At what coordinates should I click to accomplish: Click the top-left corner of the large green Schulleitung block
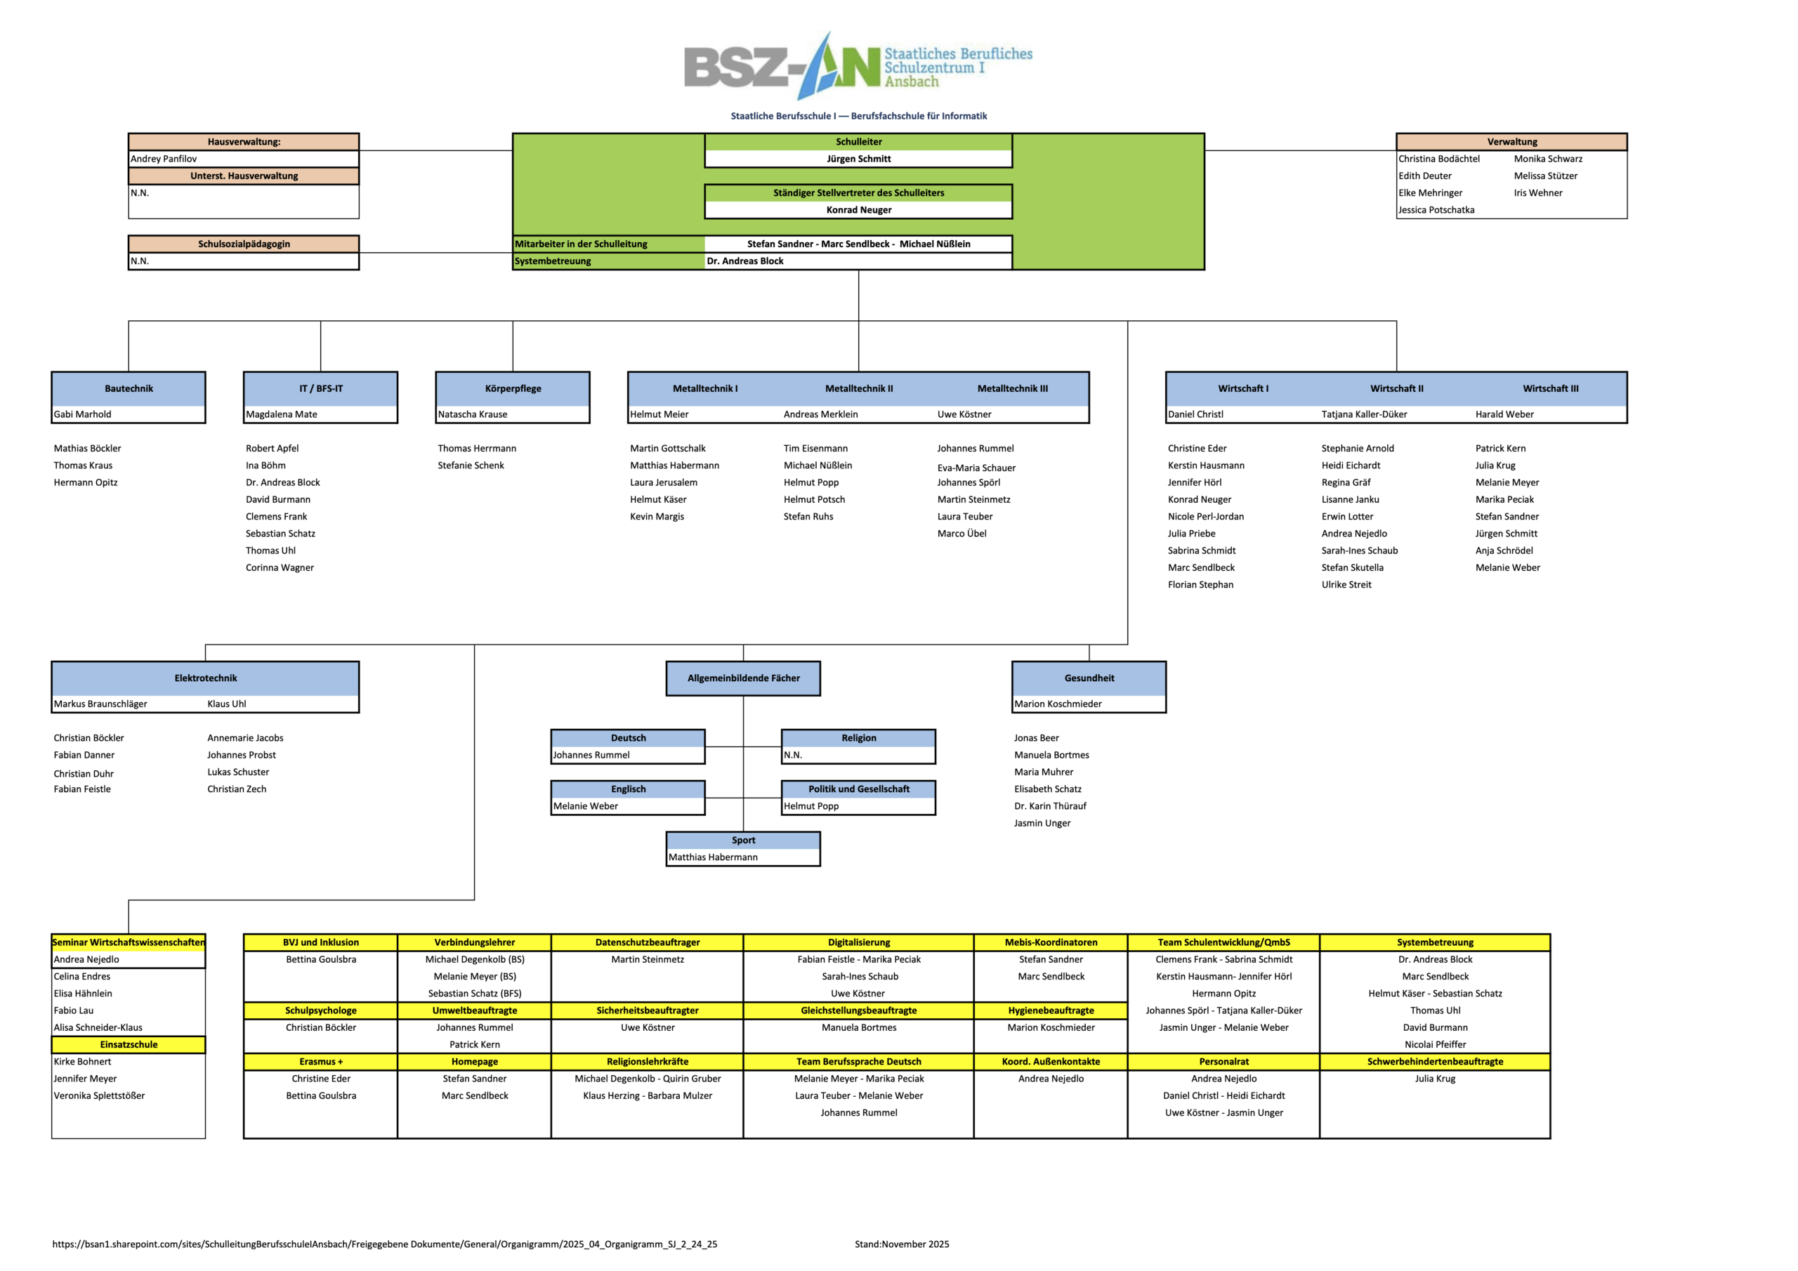513,134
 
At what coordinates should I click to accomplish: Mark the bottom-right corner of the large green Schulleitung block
1205,270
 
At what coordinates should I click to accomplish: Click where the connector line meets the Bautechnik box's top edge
129,372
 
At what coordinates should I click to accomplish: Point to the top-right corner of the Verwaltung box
1627,134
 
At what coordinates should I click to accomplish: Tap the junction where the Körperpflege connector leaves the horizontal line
513,321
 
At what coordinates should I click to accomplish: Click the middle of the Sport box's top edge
743,831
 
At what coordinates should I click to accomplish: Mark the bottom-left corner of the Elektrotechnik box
52,713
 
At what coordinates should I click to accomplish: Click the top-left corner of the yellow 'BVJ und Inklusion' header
244,934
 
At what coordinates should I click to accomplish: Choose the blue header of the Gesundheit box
1089,678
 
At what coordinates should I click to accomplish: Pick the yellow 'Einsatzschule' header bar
129,1045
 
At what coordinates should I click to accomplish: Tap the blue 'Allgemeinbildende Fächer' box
743,678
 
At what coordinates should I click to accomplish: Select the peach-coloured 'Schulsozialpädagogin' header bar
244,244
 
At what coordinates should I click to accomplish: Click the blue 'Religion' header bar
858,738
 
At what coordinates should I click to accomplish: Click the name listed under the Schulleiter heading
859,159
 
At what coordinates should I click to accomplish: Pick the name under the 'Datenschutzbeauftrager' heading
648,959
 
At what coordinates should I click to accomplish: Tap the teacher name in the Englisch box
586,806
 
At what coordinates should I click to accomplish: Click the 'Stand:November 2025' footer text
902,1244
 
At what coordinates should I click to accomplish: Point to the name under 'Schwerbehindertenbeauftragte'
1435,1079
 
